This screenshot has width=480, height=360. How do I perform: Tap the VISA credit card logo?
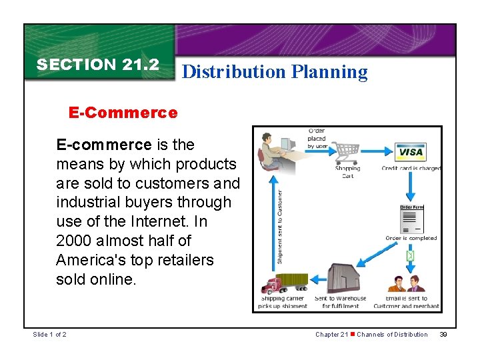click(x=411, y=152)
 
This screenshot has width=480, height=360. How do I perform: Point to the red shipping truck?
click(x=283, y=283)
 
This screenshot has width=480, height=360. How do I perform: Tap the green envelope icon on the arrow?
click(x=411, y=255)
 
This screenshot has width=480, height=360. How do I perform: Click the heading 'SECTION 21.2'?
click(x=98, y=65)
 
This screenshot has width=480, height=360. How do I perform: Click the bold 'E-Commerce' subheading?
click(x=123, y=113)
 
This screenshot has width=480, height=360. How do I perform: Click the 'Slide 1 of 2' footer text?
click(x=50, y=334)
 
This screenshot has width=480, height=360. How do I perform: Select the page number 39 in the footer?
click(x=443, y=334)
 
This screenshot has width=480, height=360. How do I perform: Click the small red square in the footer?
click(x=353, y=334)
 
